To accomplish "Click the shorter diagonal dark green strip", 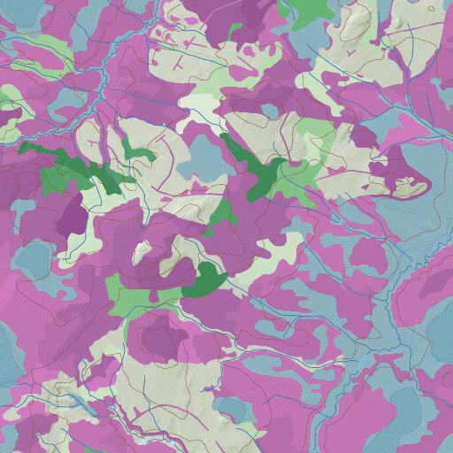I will tap(257, 168).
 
